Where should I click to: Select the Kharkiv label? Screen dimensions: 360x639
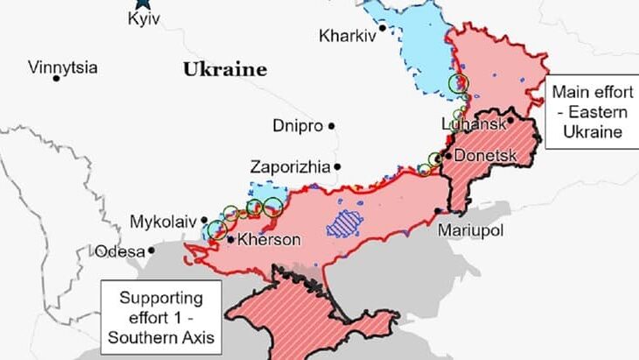(x=348, y=37)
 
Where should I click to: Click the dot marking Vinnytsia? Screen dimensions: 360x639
(x=57, y=79)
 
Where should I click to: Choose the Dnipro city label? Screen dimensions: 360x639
(x=298, y=125)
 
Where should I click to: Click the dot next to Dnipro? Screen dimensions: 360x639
(x=332, y=126)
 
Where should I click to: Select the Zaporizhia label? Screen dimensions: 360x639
(x=290, y=166)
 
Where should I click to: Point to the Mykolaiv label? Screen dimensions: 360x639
(x=163, y=221)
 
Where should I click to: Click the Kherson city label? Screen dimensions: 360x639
(x=269, y=239)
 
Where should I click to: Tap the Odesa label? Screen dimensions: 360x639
(x=118, y=251)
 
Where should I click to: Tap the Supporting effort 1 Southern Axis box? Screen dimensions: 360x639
(x=161, y=316)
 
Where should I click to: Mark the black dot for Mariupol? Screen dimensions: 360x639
(x=438, y=211)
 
